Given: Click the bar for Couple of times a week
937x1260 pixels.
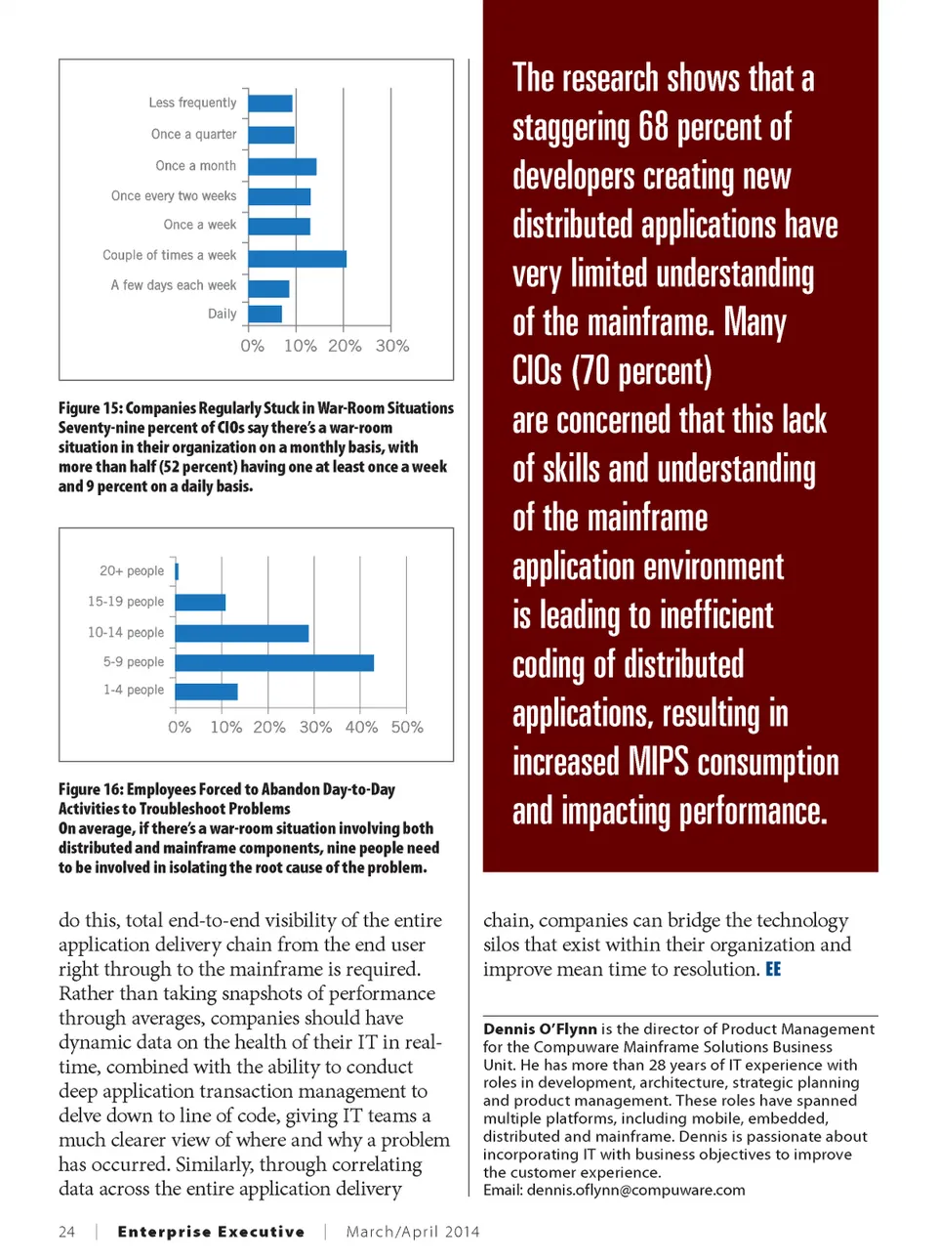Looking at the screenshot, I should (297, 259).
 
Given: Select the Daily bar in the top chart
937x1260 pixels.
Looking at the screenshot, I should (265, 314).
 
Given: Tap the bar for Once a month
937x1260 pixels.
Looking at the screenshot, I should (282, 167).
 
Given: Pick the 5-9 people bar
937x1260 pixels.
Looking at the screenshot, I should (274, 663).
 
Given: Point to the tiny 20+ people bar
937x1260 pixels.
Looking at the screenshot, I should (177, 571).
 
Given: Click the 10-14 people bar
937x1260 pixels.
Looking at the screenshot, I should (242, 634).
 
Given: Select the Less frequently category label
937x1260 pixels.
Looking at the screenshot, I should (192, 103).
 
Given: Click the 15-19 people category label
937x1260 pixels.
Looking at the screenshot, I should (126, 602).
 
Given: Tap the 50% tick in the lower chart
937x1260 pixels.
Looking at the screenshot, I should (407, 728).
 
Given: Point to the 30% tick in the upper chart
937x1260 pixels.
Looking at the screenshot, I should (392, 346).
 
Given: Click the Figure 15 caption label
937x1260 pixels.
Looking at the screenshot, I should (91, 408).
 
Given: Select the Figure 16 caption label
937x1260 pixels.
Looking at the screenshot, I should (91, 789).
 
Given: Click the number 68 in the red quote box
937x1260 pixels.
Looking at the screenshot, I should (653, 127).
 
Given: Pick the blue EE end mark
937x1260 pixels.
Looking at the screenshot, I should (773, 969).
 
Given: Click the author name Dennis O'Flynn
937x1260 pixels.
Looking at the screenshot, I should (540, 1029).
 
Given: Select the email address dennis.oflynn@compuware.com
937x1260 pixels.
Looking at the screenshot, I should (635, 1190).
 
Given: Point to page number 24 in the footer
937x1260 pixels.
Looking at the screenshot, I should (66, 1232).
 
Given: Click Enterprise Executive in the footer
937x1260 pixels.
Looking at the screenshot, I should (211, 1232).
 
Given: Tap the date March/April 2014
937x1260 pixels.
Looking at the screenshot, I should (413, 1232).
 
